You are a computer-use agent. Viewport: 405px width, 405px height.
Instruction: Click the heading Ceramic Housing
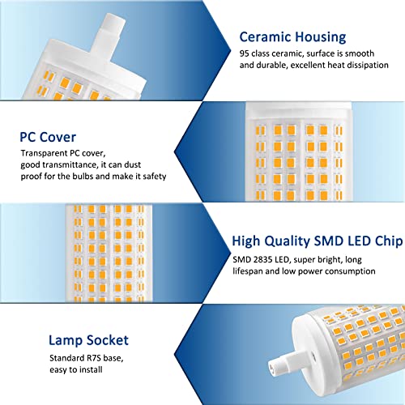point(292,37)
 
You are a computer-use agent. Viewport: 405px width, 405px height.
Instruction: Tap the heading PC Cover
point(48,137)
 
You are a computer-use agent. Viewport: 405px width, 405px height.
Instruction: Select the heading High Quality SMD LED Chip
point(318,241)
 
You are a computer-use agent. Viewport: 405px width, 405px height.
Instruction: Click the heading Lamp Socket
point(88,340)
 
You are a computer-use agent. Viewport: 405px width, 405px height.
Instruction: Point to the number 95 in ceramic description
point(244,53)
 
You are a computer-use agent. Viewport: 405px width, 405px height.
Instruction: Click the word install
point(90,369)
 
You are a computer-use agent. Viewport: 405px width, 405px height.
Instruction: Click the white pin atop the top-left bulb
point(109,35)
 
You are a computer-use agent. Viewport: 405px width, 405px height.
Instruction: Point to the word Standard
point(67,358)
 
